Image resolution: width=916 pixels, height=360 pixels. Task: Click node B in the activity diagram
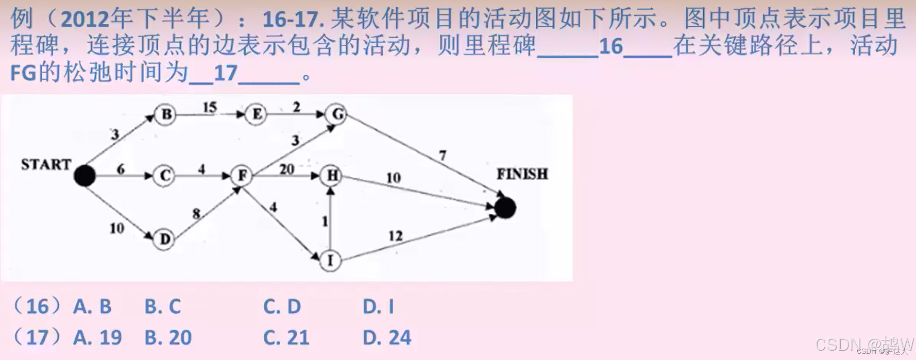(166, 114)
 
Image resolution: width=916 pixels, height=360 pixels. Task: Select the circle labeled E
(256, 114)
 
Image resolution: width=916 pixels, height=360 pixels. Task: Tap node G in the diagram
(337, 114)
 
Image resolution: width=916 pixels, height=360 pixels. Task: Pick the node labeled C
(165, 176)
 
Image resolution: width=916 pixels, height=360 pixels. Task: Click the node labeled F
(242, 176)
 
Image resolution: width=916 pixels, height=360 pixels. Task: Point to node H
(332, 176)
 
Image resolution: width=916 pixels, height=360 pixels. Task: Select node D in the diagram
(164, 239)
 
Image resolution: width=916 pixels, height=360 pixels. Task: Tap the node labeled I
(330, 261)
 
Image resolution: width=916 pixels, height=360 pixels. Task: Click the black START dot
(85, 176)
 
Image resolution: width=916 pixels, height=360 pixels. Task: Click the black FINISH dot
(505, 208)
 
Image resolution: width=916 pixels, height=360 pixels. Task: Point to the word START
(46, 164)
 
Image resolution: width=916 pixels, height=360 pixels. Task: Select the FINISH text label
(522, 174)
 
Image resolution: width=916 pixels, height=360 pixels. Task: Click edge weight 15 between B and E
(210, 107)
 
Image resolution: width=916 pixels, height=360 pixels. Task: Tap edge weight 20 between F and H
(286, 169)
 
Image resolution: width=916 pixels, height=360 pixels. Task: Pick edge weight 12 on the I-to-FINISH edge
(395, 236)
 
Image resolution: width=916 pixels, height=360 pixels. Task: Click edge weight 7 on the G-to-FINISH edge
(443, 155)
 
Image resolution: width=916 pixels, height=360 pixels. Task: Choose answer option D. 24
(387, 338)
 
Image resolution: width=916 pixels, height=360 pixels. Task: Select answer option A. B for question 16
(92, 307)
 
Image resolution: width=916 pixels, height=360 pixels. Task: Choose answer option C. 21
(286, 338)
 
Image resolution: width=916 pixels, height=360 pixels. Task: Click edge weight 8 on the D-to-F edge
(196, 213)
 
